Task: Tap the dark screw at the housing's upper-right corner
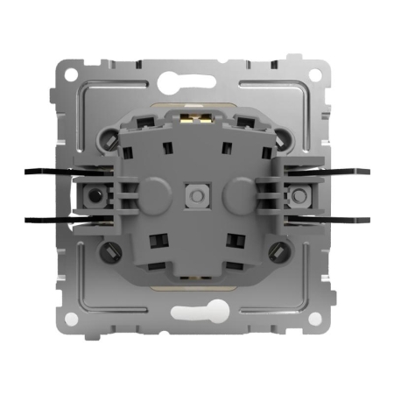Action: click(x=285, y=136)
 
